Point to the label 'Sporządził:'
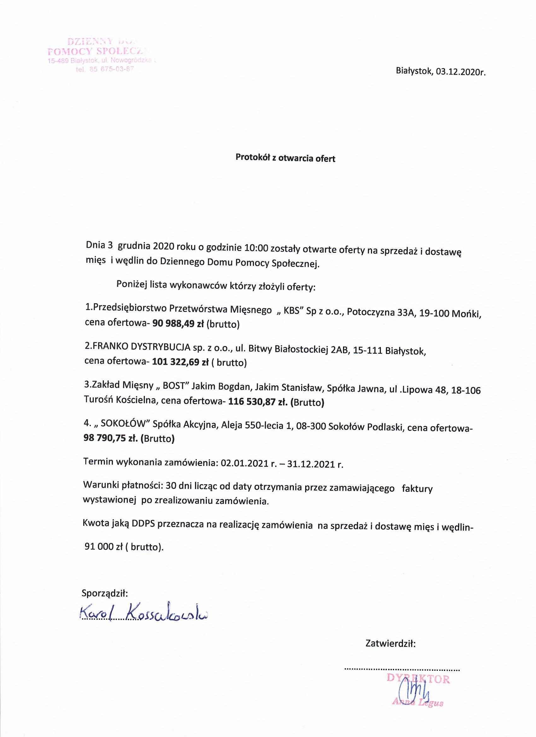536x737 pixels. coord(105,593)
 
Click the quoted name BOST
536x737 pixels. coord(176,386)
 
